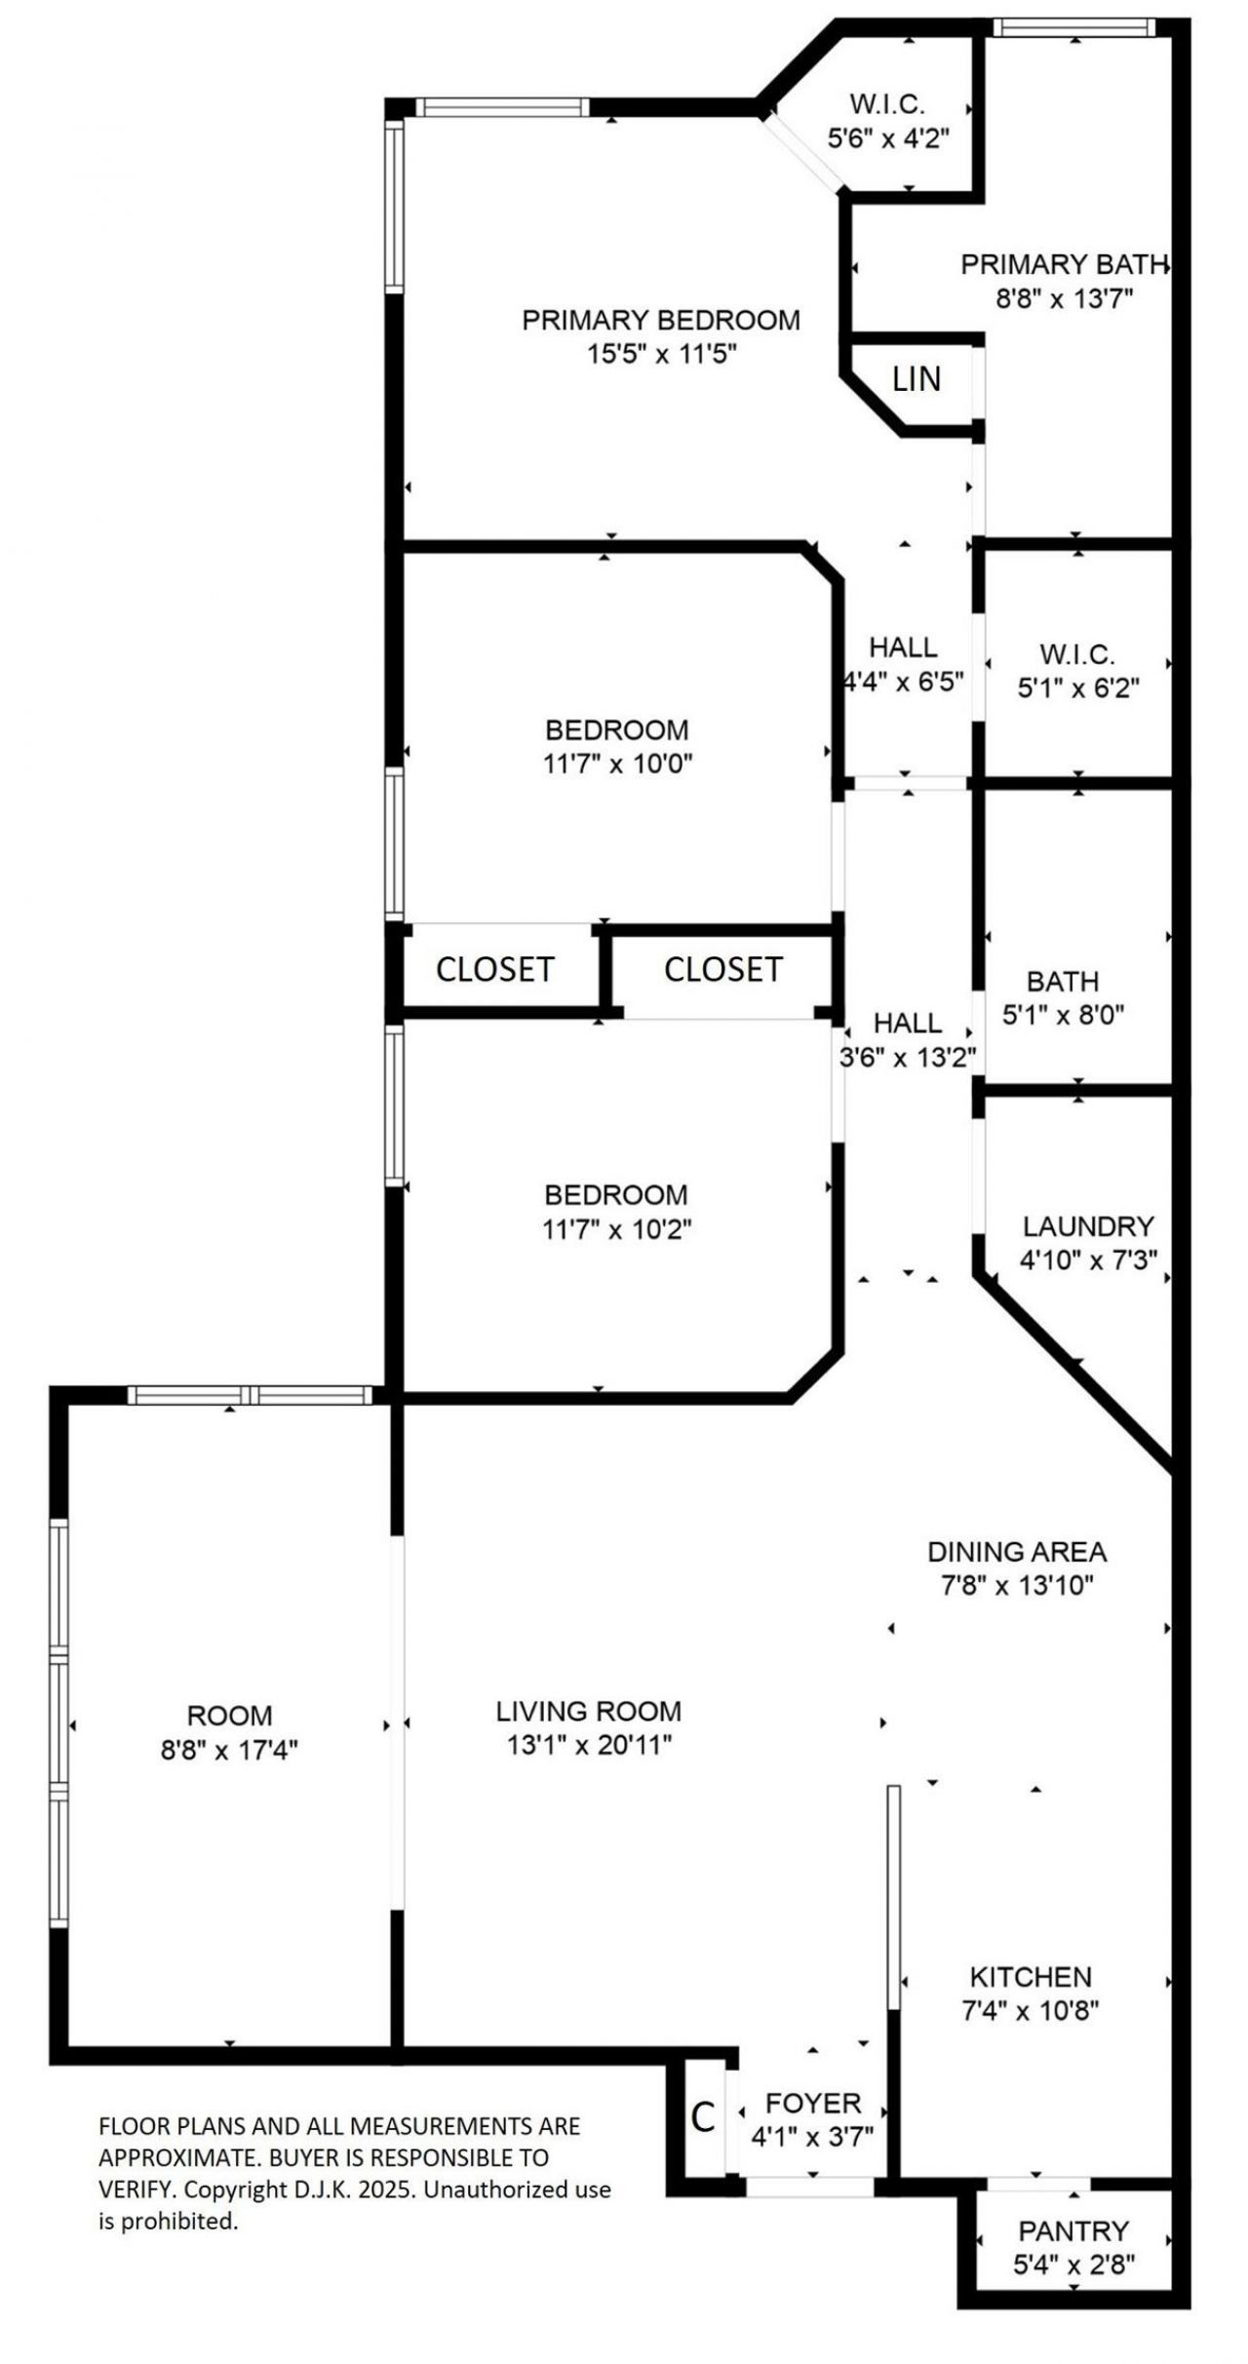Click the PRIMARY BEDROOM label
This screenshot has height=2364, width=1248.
click(660, 320)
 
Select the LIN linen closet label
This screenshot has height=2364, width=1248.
click(916, 379)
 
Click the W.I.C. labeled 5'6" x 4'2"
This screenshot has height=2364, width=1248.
click(886, 104)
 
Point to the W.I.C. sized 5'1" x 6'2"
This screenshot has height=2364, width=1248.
click(1077, 654)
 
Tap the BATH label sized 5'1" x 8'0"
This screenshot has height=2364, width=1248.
click(1062, 981)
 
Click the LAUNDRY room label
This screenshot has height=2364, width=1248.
click(1088, 1225)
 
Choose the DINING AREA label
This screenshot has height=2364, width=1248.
click(1016, 1551)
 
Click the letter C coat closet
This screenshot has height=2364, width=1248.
click(702, 2116)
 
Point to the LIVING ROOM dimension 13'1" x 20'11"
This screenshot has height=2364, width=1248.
click(589, 1745)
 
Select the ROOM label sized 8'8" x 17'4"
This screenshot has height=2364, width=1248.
click(229, 1715)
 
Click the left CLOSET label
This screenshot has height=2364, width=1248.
click(494, 969)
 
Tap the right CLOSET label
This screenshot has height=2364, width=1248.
click(722, 969)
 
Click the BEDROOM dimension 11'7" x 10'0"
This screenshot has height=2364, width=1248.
click(616, 763)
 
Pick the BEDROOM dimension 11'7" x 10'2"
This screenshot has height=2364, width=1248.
click(616, 1229)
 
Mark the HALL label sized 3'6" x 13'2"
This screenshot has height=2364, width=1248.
click(907, 1023)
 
